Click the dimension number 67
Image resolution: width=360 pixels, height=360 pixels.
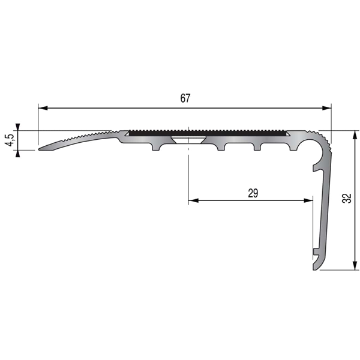185,99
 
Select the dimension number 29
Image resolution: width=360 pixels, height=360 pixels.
253,193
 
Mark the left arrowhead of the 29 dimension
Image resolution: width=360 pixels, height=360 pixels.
193,201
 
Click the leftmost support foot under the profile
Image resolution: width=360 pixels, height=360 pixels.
158,146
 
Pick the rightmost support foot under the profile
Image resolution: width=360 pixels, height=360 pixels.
292,146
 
